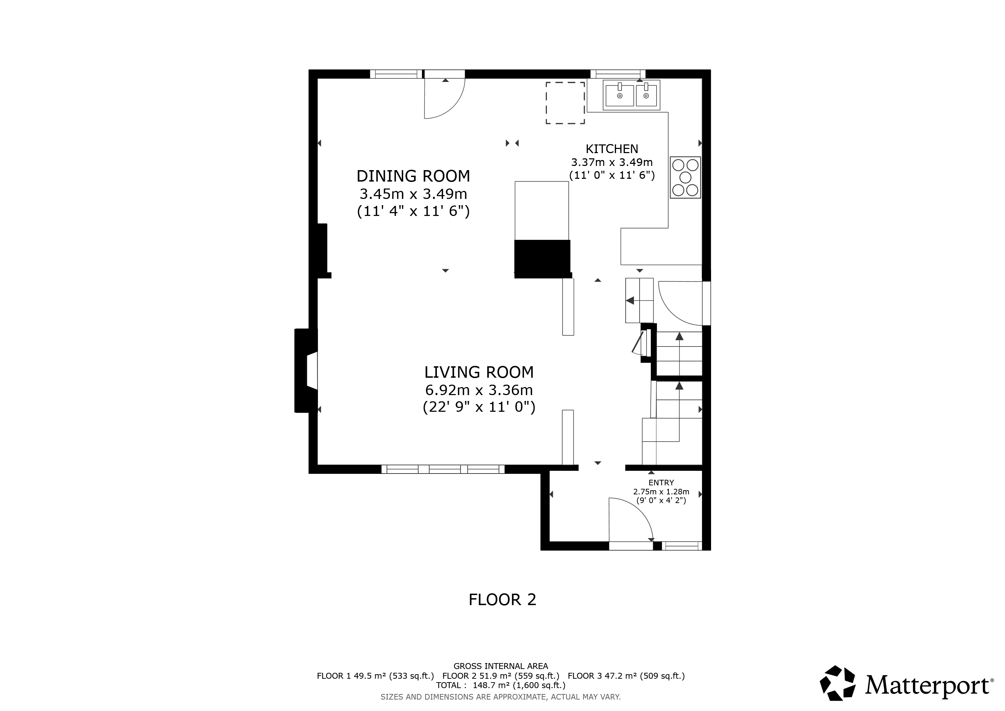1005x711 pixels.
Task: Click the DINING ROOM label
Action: coord(413,176)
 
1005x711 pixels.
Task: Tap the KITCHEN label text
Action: coord(612,149)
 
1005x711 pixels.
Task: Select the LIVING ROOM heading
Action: coord(479,372)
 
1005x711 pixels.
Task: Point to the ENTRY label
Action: coord(661,483)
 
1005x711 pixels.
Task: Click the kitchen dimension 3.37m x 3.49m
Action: coord(612,162)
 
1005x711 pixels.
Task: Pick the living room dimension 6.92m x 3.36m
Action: coord(479,390)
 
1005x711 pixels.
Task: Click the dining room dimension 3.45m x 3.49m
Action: coord(413,193)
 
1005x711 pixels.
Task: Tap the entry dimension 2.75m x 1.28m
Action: coord(661,492)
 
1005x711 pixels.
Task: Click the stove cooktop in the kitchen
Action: coord(685,177)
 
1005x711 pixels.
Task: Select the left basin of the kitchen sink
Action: coord(619,95)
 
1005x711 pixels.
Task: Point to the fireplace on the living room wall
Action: coord(306,370)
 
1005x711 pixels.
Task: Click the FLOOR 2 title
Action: coord(502,600)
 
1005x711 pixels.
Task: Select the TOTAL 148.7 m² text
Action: coord(501,685)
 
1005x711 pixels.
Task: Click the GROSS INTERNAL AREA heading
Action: coord(501,666)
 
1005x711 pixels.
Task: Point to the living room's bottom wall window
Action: coord(443,469)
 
